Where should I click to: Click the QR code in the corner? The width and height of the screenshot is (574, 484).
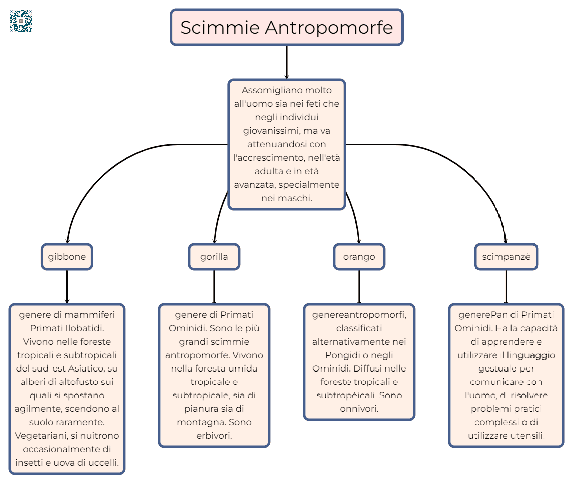(x=21, y=21)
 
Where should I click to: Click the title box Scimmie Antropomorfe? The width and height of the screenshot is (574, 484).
(x=286, y=27)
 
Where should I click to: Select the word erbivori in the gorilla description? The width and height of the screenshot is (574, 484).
(x=214, y=436)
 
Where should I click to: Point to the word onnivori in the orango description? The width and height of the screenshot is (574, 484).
(x=359, y=409)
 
